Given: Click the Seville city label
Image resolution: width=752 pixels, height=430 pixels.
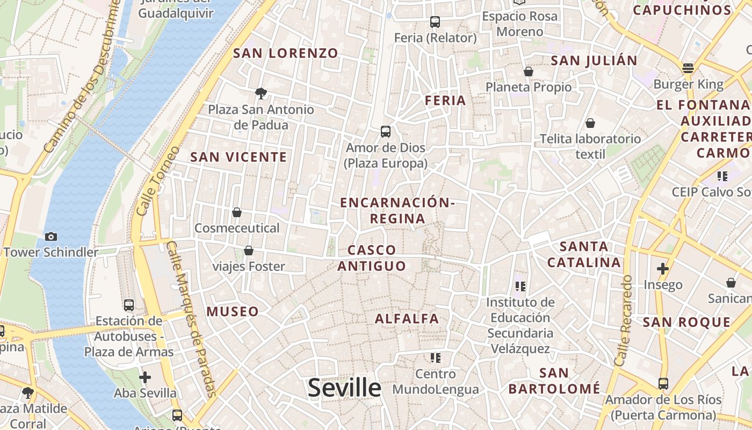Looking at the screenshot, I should tap(344, 388).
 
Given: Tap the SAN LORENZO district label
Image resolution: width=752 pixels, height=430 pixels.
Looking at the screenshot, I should tap(286, 53).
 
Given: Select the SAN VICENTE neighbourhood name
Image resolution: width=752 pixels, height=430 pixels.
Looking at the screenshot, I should tap(238, 157).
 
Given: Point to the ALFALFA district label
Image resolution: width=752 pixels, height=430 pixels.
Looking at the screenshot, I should tap(407, 318).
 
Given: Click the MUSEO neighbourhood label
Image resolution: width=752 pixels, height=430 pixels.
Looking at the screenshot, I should tap(233, 311).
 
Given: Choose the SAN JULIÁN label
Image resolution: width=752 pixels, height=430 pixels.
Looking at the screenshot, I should tap(594, 60).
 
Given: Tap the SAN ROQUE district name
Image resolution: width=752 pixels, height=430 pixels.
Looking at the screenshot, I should tap(686, 322).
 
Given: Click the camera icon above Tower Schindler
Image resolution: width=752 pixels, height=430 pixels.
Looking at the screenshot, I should tap(51, 236).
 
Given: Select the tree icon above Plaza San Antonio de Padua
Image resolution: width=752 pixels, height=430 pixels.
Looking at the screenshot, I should tap(261, 94).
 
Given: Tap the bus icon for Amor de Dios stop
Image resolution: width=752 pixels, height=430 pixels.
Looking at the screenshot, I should tap(385, 131).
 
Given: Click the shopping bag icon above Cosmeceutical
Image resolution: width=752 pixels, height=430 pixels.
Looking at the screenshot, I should tap(237, 212).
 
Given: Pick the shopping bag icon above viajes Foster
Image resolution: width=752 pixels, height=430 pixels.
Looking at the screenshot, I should tap(249, 250).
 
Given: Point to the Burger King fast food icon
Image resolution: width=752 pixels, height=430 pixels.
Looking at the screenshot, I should tap(688, 68).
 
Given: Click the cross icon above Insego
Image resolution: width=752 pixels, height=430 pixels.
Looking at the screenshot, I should tap(663, 268).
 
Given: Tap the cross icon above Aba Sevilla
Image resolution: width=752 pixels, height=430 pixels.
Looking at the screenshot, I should tap(144, 377).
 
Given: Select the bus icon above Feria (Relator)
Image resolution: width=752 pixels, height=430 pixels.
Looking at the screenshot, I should tap(435, 22).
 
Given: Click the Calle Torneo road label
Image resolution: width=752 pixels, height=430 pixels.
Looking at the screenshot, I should tap(156, 181).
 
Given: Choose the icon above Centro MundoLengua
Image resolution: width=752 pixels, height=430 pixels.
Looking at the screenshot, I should tap(435, 357).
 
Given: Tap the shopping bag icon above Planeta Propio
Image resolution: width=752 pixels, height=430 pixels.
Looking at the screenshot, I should tap(529, 71).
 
